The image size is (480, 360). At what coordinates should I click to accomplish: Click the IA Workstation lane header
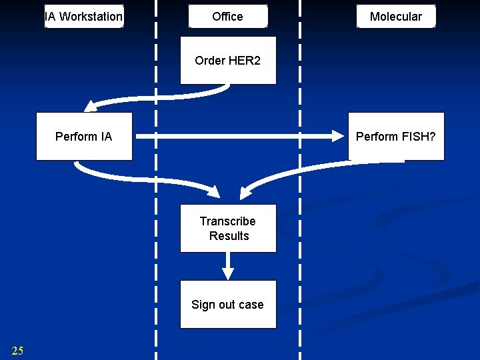coord(84,17)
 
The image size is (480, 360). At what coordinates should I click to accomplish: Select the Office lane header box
coord(228,17)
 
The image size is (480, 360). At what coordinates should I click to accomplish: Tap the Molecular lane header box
coord(396,17)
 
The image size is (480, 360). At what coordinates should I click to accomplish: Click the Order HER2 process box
coord(228,61)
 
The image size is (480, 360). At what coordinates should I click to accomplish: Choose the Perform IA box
coord(84,137)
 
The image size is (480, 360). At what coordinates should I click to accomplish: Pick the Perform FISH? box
coord(396,137)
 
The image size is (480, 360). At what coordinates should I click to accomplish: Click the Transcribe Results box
coord(228,228)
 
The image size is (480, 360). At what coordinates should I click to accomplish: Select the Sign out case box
coord(228,305)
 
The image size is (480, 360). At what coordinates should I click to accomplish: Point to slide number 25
coord(17,351)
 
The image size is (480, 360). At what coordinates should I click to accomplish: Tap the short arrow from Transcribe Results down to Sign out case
coord(228,267)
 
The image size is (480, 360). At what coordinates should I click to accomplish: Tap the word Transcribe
coord(228,221)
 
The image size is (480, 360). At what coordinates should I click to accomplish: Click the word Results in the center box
coord(229,236)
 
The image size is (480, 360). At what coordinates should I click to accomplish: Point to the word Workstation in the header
coord(91,17)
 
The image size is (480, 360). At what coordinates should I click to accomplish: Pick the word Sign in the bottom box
coord(203,305)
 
